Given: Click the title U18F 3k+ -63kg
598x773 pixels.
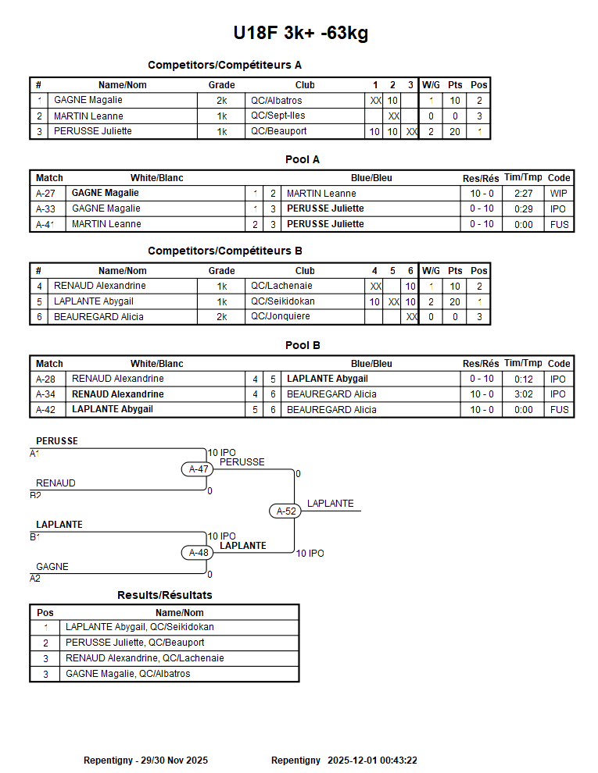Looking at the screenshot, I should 300,34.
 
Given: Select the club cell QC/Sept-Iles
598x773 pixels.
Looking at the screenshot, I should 278,116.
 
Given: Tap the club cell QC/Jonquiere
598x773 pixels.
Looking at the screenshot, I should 279,317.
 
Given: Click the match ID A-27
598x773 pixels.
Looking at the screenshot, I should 45,194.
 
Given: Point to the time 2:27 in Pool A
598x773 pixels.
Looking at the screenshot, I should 524,194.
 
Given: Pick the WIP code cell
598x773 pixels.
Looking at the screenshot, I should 559,194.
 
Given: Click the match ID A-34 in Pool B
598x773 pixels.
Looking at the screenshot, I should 45,394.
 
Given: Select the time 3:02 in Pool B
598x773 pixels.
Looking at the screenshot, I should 524,394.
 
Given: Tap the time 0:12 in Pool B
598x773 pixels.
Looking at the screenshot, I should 524,379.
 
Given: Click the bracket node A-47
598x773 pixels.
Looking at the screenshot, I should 199,469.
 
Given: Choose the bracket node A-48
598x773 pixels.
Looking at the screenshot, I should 199,553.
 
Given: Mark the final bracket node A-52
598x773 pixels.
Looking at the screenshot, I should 286,511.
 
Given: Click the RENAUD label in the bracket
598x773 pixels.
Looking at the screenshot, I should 56,483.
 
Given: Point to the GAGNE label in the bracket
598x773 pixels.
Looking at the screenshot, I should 52,567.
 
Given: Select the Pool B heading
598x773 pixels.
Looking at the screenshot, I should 303,345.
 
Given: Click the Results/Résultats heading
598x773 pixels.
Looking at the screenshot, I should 164,595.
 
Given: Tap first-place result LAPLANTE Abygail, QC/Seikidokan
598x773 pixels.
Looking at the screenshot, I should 140,627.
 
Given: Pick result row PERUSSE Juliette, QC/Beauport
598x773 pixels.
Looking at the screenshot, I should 135,643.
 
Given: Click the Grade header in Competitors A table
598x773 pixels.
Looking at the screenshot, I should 221,85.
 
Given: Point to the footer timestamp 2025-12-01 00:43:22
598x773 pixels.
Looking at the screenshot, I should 372,761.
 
